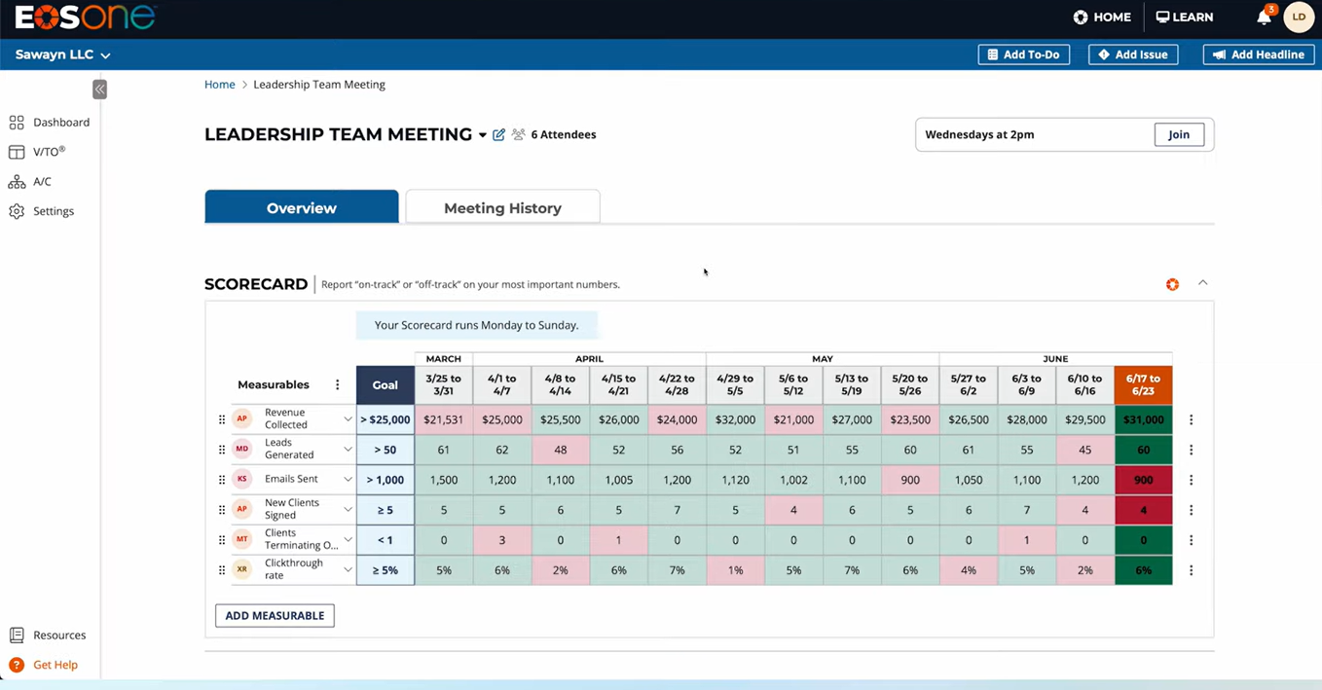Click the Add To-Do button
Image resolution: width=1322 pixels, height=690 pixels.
point(1023,54)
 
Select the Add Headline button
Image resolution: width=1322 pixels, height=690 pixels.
point(1259,54)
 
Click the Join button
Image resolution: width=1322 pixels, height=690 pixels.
point(1179,134)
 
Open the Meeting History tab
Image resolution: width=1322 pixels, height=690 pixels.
point(503,207)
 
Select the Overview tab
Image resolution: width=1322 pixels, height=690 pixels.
point(302,206)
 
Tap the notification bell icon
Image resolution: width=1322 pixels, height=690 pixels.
point(1264,18)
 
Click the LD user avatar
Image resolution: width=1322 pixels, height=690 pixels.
point(1299,18)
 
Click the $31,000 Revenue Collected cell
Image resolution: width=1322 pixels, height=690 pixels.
point(1143,419)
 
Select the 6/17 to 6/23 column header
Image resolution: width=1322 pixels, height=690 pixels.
point(1143,384)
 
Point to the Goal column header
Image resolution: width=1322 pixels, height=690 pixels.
point(385,384)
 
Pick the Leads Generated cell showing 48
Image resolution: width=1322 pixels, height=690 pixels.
point(560,450)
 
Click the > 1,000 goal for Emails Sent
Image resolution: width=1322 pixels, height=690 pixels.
point(385,480)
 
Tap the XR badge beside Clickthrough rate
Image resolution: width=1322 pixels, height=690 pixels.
point(242,569)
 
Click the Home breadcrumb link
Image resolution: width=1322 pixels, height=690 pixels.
point(220,85)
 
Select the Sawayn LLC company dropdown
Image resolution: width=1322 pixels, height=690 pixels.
point(62,54)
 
